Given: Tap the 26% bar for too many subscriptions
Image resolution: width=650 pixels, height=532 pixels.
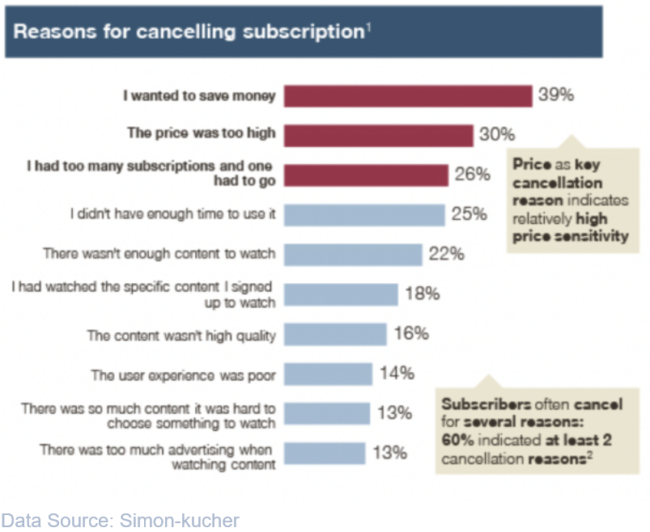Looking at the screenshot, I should [365, 175].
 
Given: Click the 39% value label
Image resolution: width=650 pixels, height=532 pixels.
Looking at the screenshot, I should [556, 95].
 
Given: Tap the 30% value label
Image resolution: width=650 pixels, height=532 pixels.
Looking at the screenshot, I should [497, 134].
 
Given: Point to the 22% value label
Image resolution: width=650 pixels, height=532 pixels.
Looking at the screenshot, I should [446, 254].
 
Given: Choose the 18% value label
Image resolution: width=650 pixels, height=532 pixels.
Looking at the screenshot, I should [422, 293].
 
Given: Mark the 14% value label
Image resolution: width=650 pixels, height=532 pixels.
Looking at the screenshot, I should [397, 373].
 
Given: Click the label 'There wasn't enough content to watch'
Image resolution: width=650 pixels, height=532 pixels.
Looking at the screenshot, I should [159, 254].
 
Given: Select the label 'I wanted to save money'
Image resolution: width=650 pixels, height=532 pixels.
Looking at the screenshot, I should [199, 95].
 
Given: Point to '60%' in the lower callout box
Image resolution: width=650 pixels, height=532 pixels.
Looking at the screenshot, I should [459, 441].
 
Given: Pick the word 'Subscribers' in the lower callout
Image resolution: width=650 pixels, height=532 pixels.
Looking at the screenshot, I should [486, 403].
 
